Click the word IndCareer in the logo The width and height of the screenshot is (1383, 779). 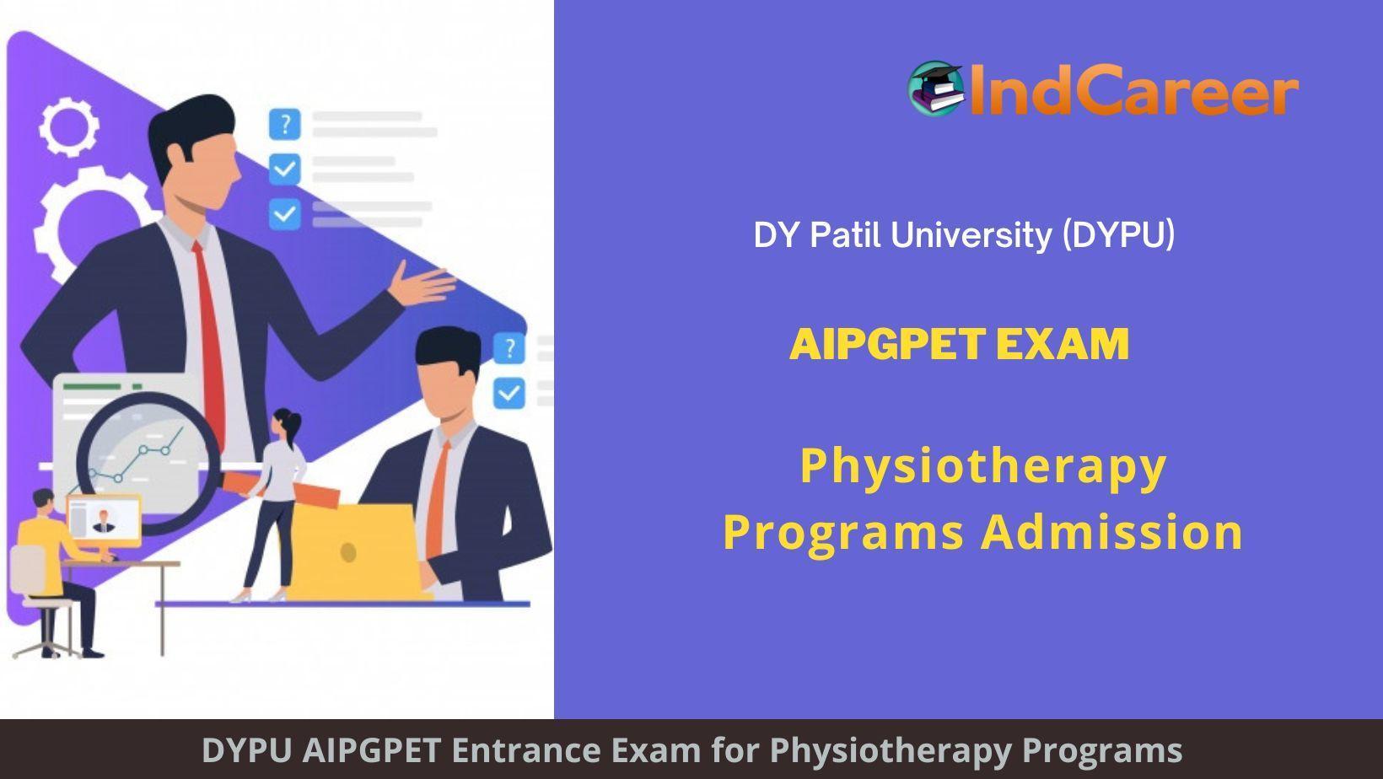(x=1133, y=89)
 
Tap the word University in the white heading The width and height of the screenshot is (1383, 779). (x=971, y=235)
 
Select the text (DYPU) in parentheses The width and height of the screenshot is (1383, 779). (x=1118, y=234)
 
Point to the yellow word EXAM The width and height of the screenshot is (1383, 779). (x=1063, y=344)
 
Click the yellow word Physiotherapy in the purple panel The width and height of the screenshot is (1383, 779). (x=983, y=468)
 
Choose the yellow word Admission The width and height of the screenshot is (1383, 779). (x=1112, y=531)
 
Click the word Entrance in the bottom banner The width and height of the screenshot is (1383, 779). (x=526, y=750)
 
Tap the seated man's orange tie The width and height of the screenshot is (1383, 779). (x=437, y=499)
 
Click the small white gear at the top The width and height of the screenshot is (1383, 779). (x=68, y=127)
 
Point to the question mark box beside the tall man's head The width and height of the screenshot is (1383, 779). (x=285, y=123)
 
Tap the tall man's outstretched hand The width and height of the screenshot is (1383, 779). (x=423, y=285)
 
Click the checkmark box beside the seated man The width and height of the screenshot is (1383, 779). (x=509, y=393)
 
